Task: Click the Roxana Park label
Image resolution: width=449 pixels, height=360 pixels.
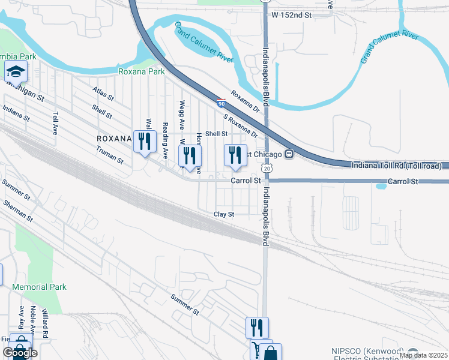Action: tap(142, 71)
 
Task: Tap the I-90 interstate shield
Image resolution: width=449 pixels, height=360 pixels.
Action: tap(221, 104)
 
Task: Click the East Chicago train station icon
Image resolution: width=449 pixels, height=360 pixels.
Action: tap(289, 154)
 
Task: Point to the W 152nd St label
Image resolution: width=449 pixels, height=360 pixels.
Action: tap(292, 14)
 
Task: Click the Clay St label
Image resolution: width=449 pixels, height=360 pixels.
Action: tap(223, 214)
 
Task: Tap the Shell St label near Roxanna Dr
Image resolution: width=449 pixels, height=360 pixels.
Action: tap(217, 134)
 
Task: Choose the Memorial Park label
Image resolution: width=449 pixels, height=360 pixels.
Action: tap(39, 287)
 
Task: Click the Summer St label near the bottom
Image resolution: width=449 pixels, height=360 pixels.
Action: tap(184, 305)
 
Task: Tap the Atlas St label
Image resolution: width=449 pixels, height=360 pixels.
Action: tap(103, 95)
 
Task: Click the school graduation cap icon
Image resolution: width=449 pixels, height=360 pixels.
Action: tap(15, 73)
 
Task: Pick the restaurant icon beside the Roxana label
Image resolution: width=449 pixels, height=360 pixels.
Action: tap(143, 142)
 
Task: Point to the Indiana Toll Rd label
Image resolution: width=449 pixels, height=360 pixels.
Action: tap(396, 165)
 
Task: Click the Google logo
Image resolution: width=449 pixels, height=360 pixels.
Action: tap(20, 353)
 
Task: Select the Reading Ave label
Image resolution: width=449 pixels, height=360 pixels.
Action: tap(165, 140)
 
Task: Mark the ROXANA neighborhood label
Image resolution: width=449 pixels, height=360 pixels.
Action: tap(114, 138)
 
